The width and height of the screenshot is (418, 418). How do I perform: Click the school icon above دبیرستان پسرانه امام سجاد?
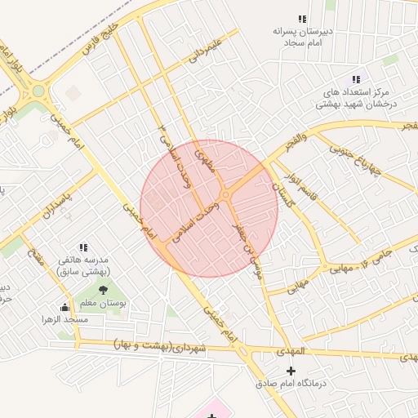tap(302, 19)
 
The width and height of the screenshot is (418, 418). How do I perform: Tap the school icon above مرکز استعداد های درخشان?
tap(355, 79)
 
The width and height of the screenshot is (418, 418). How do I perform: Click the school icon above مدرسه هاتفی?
tap(82, 247)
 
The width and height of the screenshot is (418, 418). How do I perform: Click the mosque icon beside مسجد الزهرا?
tap(64, 307)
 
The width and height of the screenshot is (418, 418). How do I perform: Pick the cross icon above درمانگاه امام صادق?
tap(291, 371)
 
